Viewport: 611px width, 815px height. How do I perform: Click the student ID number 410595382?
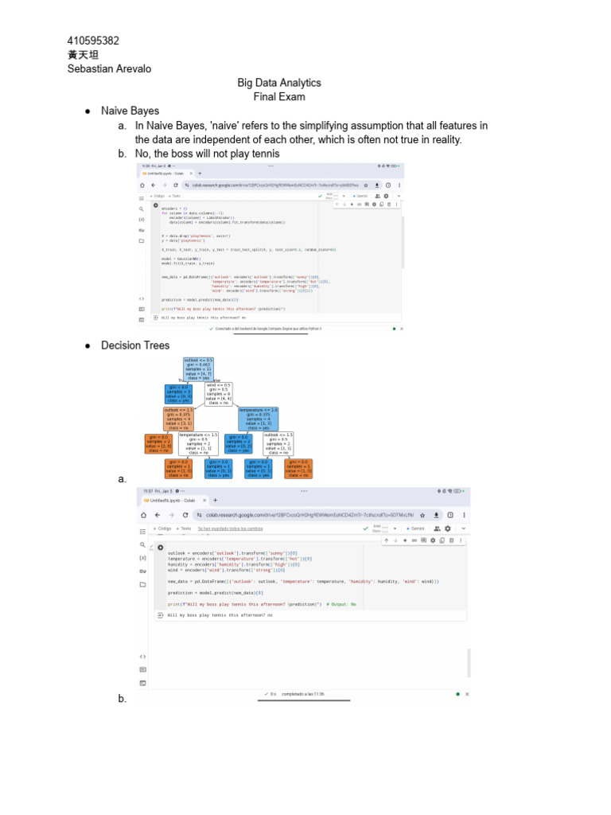pos(93,41)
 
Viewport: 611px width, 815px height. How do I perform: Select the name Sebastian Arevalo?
pos(109,68)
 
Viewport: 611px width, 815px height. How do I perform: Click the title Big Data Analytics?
pos(279,83)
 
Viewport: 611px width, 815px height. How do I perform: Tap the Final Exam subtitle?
pos(279,97)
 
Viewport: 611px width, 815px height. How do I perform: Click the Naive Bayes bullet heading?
pos(130,111)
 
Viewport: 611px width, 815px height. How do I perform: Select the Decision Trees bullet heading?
pos(135,345)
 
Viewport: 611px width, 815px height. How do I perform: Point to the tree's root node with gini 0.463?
pos(198,369)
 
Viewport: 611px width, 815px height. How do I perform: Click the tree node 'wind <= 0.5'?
pos(219,394)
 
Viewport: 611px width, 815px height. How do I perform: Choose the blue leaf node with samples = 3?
pos(179,394)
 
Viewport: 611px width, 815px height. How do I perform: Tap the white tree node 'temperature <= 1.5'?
pos(197,443)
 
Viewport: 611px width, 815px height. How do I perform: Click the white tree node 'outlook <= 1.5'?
pos(278,443)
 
